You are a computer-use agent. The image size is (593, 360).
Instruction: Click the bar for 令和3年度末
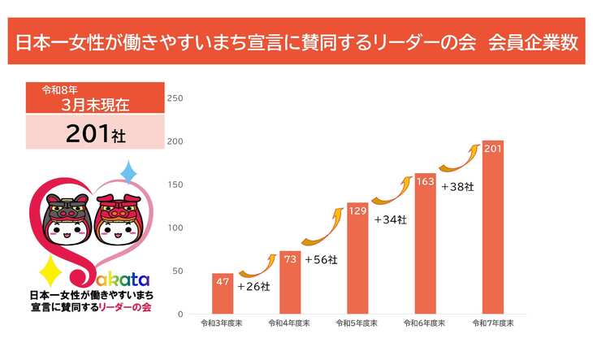pos(223,293)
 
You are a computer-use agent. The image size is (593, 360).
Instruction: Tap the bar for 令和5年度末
pos(357,258)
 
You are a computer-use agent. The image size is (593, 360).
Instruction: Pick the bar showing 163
pos(425,244)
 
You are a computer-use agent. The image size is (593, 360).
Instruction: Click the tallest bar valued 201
pos(492,228)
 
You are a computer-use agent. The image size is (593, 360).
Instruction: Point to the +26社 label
pos(253,286)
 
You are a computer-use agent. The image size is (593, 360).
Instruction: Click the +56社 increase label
pos(321,259)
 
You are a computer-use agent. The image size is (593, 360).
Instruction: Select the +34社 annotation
pos(390,219)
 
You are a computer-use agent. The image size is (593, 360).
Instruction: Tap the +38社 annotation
pos(457,186)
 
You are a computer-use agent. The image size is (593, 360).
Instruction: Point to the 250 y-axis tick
pos(175,98)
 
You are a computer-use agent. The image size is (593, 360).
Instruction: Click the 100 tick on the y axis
pos(175,228)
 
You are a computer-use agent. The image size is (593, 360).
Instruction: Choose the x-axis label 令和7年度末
pos(492,323)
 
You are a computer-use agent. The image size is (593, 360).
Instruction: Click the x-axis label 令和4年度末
pos(290,323)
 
